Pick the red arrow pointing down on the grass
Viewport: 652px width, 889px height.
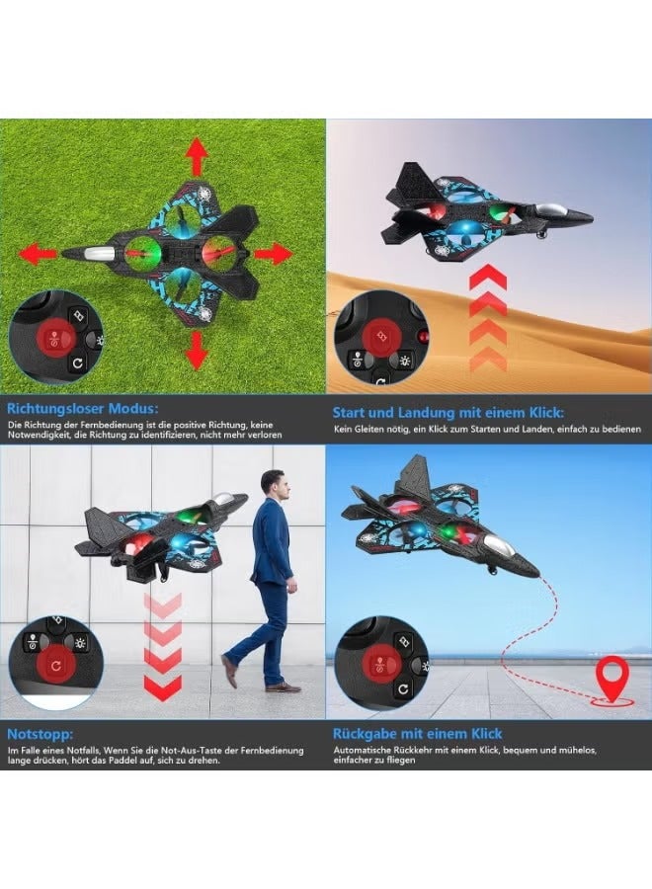198,350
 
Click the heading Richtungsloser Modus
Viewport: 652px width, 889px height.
83,406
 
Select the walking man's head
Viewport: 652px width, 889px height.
274,486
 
